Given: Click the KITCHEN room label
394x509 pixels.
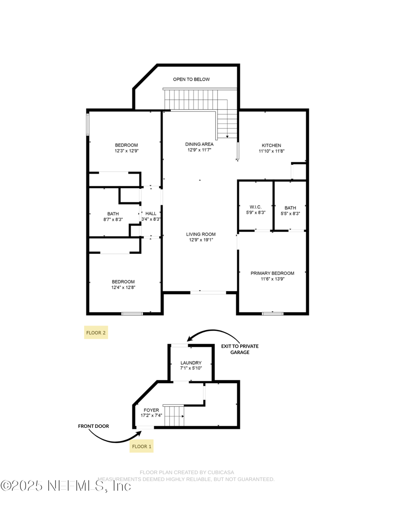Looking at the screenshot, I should pyautogui.click(x=271, y=146).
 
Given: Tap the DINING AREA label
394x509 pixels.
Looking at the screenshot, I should pyautogui.click(x=199, y=144).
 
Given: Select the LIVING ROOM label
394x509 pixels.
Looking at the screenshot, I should pyautogui.click(x=200, y=235).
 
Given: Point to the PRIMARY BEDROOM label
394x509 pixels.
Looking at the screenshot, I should pyautogui.click(x=272, y=273).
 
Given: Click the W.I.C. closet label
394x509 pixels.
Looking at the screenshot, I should pyautogui.click(x=256, y=207).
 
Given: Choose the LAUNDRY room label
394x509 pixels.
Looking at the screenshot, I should pyautogui.click(x=191, y=363).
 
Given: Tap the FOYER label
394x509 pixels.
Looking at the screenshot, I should pyautogui.click(x=151, y=410).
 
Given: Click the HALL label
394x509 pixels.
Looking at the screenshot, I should pyautogui.click(x=151, y=213).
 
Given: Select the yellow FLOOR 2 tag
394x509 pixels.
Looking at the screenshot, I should pyautogui.click(x=96, y=333).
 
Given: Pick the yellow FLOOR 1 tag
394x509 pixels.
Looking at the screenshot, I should pyautogui.click(x=142, y=447).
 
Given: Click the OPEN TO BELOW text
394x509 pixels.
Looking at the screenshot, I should pyautogui.click(x=191, y=79).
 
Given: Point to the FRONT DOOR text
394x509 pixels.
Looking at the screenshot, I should pyautogui.click(x=94, y=426).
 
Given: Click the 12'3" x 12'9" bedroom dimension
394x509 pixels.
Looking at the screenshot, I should pyautogui.click(x=126, y=151).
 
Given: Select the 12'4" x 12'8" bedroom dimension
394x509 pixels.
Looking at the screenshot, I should pyautogui.click(x=124, y=288).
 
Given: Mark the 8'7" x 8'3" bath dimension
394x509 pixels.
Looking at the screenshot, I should pyautogui.click(x=113, y=220).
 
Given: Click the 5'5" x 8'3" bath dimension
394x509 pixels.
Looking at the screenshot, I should pyautogui.click(x=290, y=214).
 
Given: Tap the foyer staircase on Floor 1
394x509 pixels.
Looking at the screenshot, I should pyautogui.click(x=174, y=416).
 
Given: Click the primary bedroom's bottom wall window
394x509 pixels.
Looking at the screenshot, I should pyautogui.click(x=272, y=313).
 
